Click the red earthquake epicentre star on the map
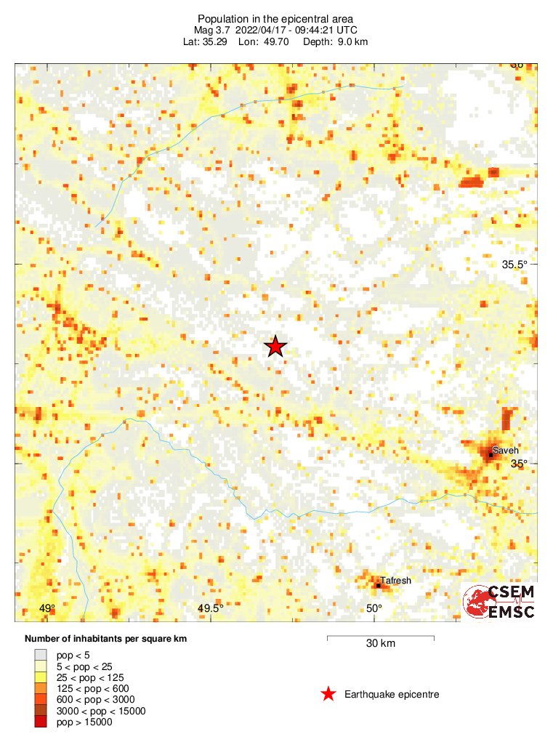coord(275,347)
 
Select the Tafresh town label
coord(396,581)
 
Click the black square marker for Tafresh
coord(379,585)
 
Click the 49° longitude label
coord(47,608)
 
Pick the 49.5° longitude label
coord(211,608)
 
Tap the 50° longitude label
coord(374,608)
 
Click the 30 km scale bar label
coord(380,643)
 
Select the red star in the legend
coord(328,695)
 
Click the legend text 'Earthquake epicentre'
coord(392,695)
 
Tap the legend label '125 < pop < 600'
coord(92,688)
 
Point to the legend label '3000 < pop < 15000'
coord(101,711)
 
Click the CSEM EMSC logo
coord(499,601)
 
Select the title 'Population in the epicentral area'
coord(275,18)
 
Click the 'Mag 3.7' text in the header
coord(211,30)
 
